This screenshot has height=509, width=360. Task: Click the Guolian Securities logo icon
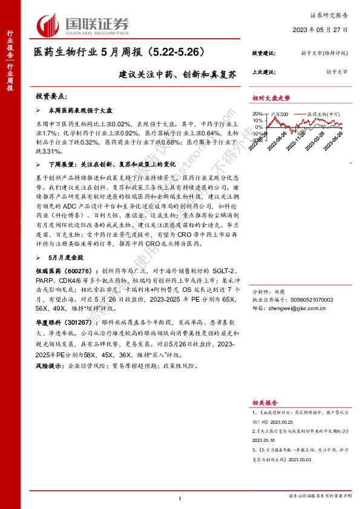point(48,25)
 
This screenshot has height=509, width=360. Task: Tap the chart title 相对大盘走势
point(272,99)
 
